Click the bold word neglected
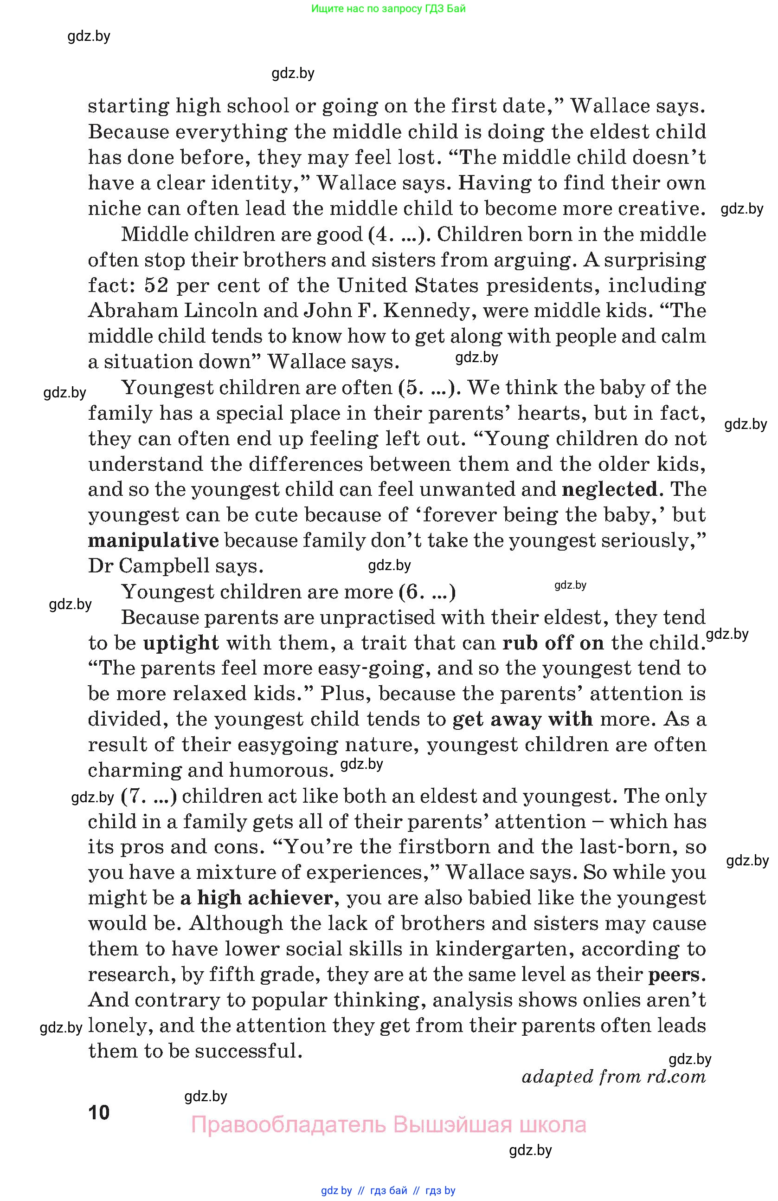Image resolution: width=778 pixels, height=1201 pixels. pos(610,489)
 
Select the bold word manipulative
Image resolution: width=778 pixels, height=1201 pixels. pos(153,540)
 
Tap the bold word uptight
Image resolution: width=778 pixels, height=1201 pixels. pos(181,643)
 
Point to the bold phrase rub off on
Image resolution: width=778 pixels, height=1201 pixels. pos(553,643)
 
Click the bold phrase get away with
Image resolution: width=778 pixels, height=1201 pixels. pos(522,719)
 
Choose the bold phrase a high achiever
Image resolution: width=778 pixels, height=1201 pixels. pos(256,898)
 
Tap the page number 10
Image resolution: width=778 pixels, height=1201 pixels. pos(99,1113)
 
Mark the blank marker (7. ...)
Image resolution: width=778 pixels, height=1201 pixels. pos(149,796)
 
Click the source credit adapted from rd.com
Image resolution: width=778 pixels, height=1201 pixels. pos(614,1077)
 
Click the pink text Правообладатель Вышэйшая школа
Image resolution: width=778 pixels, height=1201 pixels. pos(388,1125)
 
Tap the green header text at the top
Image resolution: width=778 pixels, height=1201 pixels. pos(388,8)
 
